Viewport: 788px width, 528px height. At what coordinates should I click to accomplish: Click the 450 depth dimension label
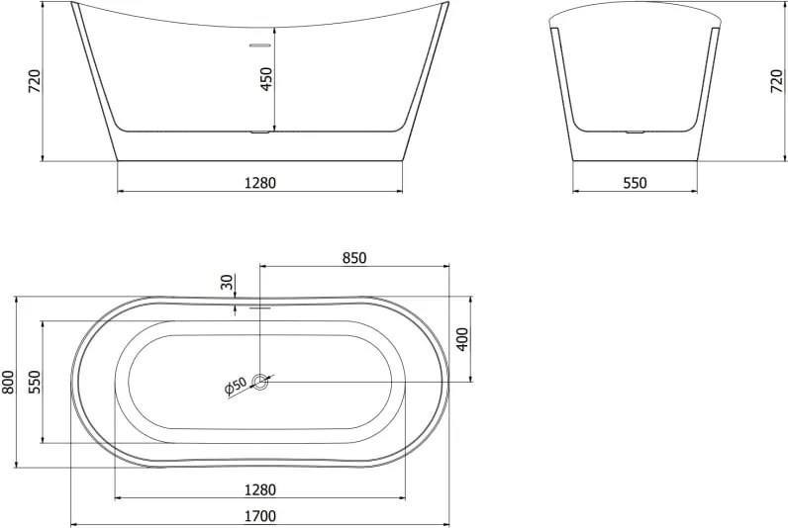tap(266, 79)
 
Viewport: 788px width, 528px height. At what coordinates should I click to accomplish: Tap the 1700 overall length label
tap(260, 515)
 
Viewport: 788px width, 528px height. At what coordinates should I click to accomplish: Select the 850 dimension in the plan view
tap(354, 258)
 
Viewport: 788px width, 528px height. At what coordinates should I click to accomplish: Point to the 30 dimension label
tap(228, 282)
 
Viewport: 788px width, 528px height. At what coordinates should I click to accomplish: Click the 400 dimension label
tap(462, 339)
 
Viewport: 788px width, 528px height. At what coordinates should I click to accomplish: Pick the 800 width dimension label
tap(8, 382)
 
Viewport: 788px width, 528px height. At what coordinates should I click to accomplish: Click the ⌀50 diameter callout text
tap(236, 386)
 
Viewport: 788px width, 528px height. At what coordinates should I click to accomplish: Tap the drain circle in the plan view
tap(260, 382)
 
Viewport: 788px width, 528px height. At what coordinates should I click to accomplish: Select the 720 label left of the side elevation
tap(35, 81)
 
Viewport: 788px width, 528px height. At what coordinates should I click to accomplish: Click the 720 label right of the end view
tap(777, 81)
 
